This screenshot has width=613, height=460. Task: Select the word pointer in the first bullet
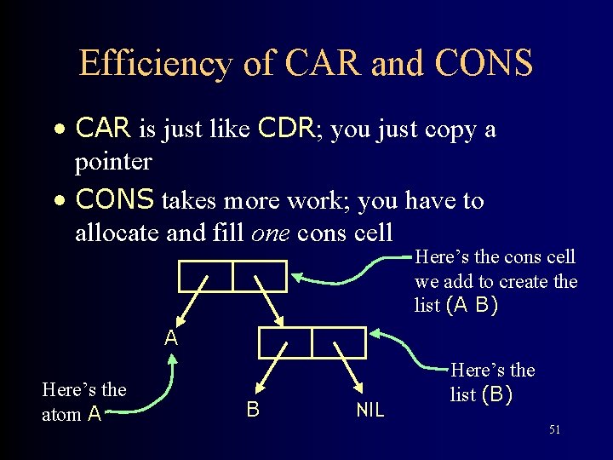(x=113, y=161)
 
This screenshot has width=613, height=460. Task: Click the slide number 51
(x=554, y=430)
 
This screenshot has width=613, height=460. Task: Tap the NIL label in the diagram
(x=370, y=411)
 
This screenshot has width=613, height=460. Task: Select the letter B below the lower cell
(x=253, y=410)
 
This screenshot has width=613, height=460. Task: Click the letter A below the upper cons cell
(x=171, y=338)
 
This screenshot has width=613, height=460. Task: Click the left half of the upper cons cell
(x=205, y=276)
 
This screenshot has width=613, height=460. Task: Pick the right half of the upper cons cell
(x=260, y=276)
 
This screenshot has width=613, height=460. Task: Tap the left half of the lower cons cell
(x=285, y=342)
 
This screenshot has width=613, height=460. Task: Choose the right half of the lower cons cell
(x=339, y=342)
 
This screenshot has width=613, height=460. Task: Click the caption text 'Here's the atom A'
(x=83, y=402)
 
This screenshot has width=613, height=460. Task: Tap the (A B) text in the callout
(x=473, y=305)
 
